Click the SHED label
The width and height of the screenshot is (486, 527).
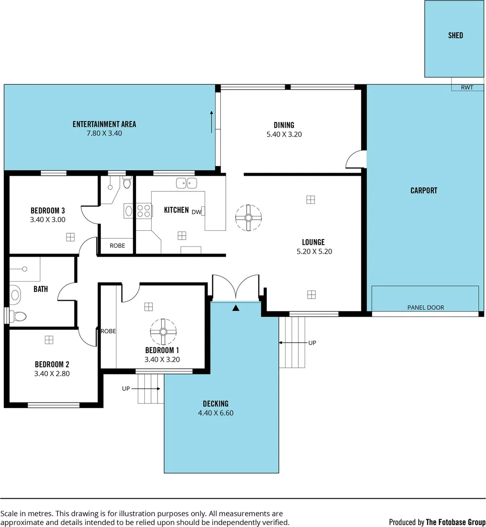coord(455,36)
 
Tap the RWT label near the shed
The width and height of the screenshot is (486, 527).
coord(467,88)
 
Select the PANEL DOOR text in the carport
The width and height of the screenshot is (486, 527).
coord(426,307)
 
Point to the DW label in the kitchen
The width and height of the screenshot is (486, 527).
coord(196,212)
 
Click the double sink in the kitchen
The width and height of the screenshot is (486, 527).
coord(187,183)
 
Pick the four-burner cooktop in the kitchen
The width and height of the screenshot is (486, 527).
coord(143,211)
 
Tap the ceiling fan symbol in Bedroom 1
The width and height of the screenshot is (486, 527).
coord(163,332)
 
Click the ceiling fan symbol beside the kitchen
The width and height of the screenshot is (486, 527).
coord(248,217)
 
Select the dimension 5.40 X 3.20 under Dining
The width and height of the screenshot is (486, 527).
coord(284,134)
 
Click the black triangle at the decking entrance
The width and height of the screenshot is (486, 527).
coord(236,308)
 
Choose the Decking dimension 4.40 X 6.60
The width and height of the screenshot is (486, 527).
coord(215,413)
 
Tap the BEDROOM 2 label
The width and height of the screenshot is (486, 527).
coord(52,365)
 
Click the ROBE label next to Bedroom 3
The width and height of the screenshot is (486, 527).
coord(117,246)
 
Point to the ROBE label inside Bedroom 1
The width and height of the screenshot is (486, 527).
coord(108,331)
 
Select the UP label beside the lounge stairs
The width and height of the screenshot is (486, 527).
coord(312,343)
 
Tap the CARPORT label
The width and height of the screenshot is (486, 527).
coord(424,191)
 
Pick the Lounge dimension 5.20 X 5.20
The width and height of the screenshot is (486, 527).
coord(313,252)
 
